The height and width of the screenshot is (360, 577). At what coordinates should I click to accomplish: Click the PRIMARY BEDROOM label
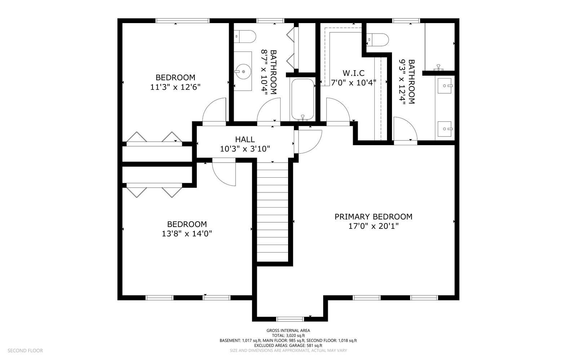click(x=373, y=217)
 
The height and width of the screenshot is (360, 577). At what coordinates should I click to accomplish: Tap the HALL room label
click(x=245, y=139)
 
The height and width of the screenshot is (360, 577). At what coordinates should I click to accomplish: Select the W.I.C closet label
click(x=353, y=73)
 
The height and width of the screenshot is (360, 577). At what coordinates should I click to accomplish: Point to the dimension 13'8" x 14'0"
click(x=187, y=234)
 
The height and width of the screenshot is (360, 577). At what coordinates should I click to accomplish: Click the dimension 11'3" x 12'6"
click(x=175, y=87)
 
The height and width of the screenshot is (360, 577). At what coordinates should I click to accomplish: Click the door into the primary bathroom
click(x=405, y=130)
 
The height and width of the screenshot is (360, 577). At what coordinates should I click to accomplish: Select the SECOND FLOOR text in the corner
click(x=25, y=350)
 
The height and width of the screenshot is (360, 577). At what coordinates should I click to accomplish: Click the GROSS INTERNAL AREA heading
click(x=288, y=330)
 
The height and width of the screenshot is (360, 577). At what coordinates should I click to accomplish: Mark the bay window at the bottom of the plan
click(x=290, y=319)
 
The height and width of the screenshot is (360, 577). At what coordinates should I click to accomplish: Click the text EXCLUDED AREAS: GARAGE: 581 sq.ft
click(x=288, y=345)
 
